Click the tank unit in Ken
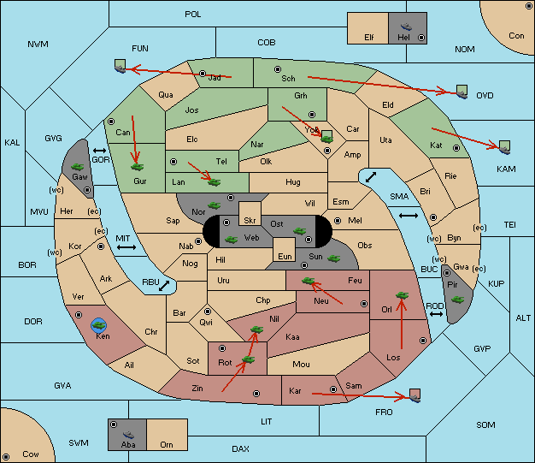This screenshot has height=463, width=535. click(99, 325)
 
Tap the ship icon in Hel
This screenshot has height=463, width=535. click(406, 27)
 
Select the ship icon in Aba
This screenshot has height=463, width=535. click(129, 434)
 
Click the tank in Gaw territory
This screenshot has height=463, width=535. click(78, 167)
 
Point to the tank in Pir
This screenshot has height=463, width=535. click(457, 300)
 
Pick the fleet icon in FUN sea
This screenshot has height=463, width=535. click(121, 66)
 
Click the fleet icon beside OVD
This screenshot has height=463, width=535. click(462, 92)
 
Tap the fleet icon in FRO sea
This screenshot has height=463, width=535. click(414, 395)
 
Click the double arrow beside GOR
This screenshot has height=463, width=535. click(100, 151)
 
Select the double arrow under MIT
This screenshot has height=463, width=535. click(126, 247)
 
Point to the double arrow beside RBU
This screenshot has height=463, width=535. click(164, 286)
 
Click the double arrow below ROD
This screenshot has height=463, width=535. click(436, 314)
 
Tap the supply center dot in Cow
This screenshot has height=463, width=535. click(6, 456)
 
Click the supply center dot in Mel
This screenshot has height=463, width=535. click(338, 221)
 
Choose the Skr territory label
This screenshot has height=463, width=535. click(250, 221)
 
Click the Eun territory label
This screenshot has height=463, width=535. click(285, 256)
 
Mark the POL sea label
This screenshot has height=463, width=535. click(193, 15)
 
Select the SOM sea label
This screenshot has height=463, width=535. click(485, 424)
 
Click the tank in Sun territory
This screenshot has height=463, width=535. click(333, 258)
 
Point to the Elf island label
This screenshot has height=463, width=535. click(369, 38)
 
